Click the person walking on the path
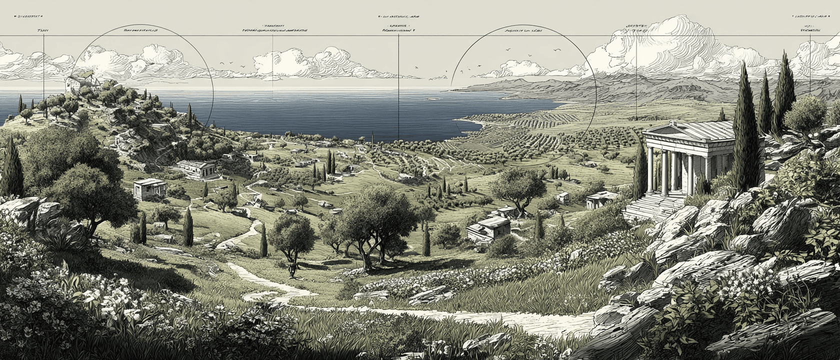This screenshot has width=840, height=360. point(292,269)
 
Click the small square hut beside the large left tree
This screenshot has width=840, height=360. point(149,189)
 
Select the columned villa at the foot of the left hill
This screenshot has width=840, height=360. point(197,169)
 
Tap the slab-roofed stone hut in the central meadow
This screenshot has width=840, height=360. point(488,227)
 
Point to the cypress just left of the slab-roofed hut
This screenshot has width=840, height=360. point(426,241)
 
